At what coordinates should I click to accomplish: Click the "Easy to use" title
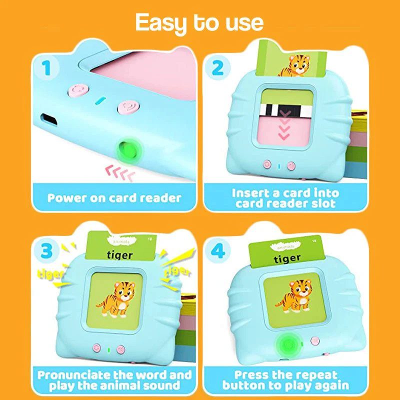point(199,22)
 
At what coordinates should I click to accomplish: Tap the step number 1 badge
point(47,68)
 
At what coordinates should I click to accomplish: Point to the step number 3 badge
point(47,251)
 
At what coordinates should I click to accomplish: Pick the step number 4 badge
point(218,251)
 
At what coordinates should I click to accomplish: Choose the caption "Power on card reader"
point(114,197)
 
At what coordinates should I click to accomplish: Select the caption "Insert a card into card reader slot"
point(285,198)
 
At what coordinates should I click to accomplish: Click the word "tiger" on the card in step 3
point(120,255)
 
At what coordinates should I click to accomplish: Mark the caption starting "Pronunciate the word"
point(114,380)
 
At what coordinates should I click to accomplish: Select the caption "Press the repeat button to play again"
point(285,380)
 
